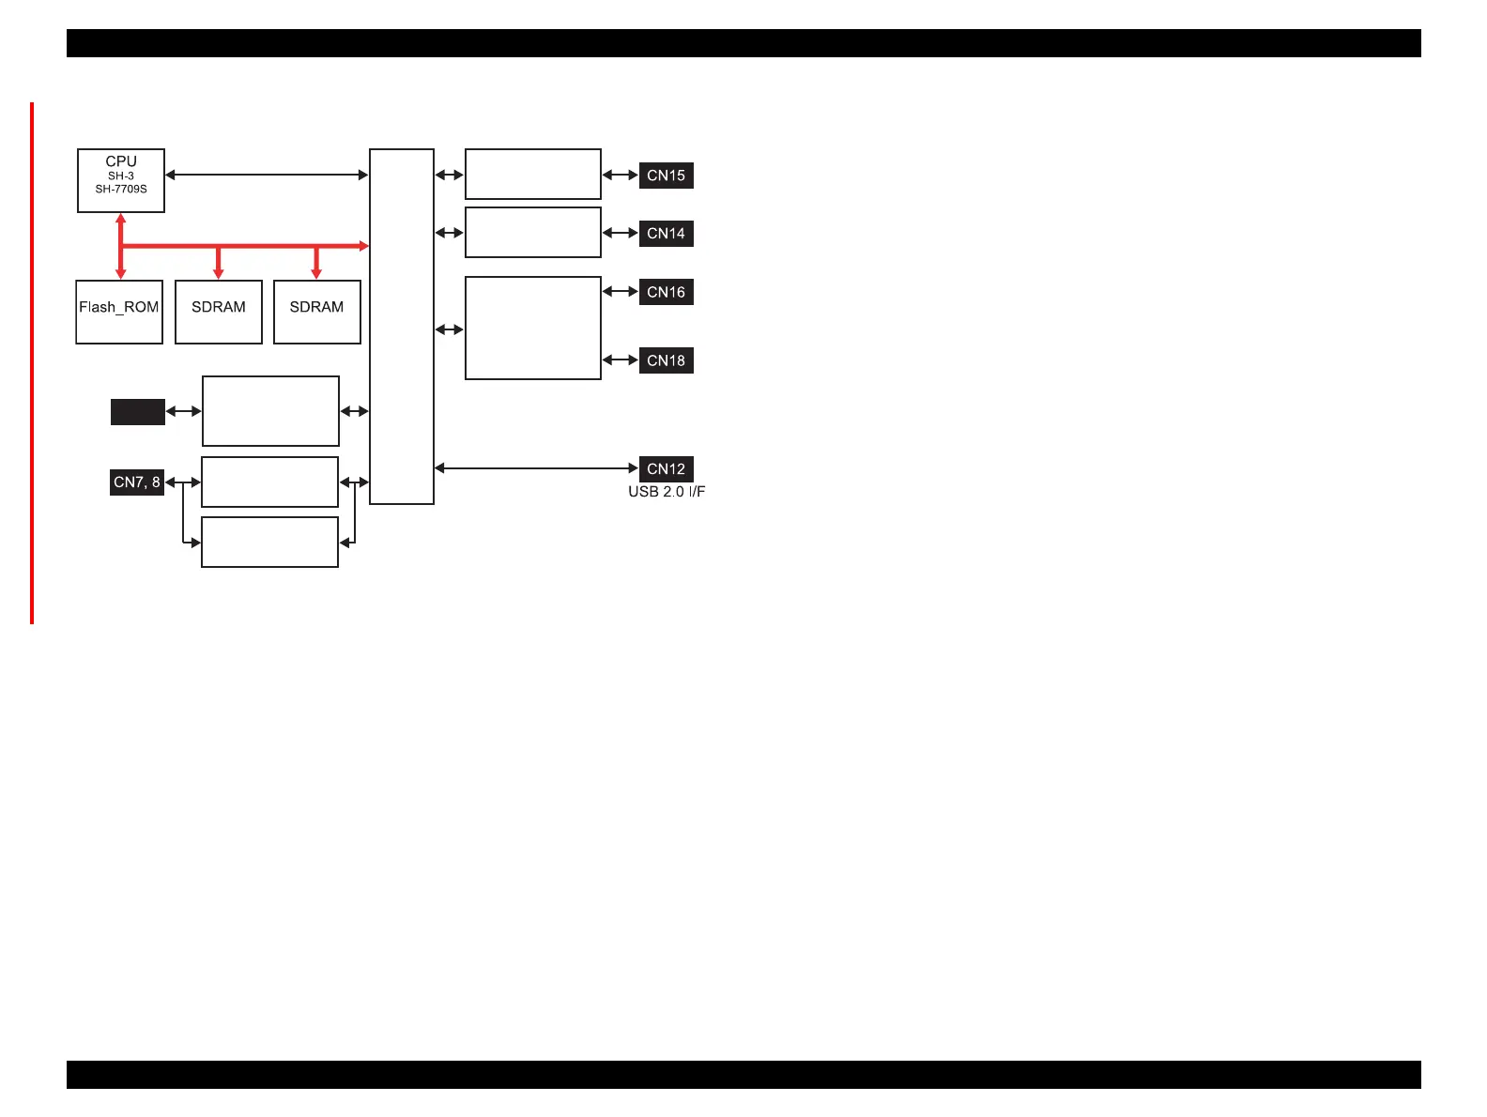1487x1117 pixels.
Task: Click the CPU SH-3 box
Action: click(121, 180)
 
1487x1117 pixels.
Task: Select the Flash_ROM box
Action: click(119, 312)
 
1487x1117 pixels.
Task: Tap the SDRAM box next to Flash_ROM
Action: click(219, 312)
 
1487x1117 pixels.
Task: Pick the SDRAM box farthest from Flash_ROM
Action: click(317, 312)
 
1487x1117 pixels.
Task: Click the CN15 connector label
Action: click(666, 176)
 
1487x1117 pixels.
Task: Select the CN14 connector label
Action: click(666, 234)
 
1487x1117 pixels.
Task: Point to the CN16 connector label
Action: click(666, 292)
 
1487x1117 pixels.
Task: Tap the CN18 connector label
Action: click(666, 360)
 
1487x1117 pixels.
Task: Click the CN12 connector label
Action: click(666, 468)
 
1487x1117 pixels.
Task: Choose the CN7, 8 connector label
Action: click(137, 482)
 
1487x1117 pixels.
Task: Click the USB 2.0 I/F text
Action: click(667, 492)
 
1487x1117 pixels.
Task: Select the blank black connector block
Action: click(138, 412)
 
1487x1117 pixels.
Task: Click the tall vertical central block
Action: click(402, 327)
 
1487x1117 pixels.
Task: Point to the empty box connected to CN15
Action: click(533, 174)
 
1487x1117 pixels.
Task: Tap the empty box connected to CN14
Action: click(533, 233)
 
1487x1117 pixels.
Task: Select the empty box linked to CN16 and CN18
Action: click(533, 328)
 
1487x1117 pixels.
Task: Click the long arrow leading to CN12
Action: click(535, 468)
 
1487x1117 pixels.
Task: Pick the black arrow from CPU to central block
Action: click(267, 175)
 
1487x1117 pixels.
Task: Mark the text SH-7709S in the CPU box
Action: click(121, 190)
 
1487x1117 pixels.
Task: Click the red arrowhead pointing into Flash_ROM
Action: click(121, 273)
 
